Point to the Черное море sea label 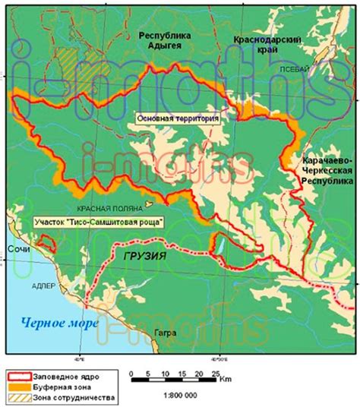click(59, 324)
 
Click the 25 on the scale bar click(215, 374)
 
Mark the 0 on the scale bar click(133, 374)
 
